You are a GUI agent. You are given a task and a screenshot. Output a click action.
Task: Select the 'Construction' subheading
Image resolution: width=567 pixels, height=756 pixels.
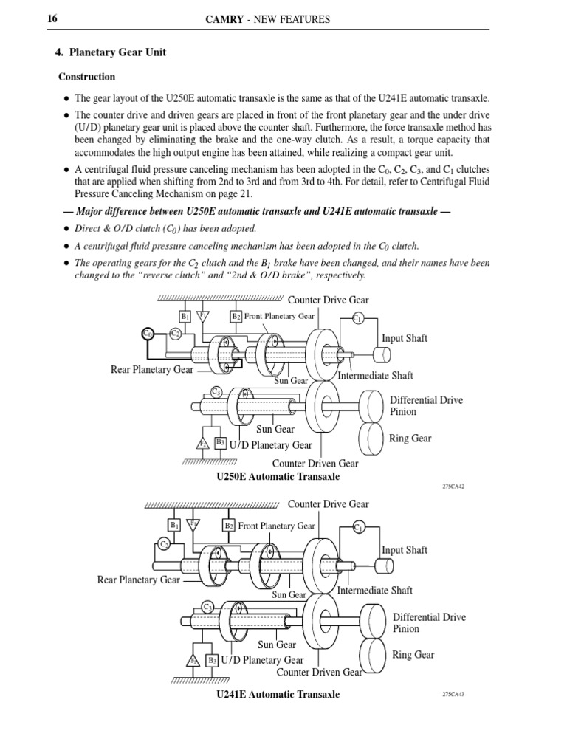(x=87, y=77)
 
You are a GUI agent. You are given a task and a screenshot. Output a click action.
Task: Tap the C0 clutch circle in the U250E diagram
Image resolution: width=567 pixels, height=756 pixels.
(x=148, y=334)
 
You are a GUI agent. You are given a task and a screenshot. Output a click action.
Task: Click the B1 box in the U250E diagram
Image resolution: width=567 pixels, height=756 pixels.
(x=185, y=316)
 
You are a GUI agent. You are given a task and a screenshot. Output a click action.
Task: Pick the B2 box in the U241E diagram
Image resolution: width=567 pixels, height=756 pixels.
(x=229, y=526)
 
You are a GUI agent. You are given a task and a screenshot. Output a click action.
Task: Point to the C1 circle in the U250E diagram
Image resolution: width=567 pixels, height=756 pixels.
(x=358, y=318)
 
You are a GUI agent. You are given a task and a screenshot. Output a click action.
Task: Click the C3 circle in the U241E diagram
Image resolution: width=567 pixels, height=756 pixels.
(x=209, y=606)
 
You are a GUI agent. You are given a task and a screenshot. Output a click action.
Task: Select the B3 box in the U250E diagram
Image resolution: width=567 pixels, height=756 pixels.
(x=220, y=442)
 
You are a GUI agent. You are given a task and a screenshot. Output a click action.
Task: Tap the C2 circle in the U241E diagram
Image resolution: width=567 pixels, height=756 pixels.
(x=164, y=544)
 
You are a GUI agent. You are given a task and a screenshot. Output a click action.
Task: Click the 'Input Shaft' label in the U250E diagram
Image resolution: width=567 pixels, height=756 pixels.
(x=405, y=338)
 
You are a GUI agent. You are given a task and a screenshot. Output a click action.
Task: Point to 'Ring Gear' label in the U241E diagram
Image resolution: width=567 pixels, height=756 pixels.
(x=413, y=655)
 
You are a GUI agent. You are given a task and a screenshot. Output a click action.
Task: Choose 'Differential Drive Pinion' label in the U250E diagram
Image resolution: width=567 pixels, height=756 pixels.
(x=426, y=406)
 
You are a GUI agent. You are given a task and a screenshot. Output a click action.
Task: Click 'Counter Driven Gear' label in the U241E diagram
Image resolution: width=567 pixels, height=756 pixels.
(x=319, y=672)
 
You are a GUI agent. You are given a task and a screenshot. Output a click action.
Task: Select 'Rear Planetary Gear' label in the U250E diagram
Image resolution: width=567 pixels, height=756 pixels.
(x=152, y=369)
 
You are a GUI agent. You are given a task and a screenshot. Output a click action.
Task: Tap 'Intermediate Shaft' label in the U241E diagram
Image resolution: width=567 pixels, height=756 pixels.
(x=375, y=591)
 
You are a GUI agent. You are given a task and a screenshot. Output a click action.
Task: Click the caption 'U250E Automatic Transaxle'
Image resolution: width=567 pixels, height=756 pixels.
(x=278, y=477)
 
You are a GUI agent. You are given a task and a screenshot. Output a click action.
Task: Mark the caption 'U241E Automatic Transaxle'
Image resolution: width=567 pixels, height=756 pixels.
(x=278, y=695)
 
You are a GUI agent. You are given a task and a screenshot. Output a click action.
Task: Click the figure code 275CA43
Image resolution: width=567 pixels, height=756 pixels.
(x=453, y=695)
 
